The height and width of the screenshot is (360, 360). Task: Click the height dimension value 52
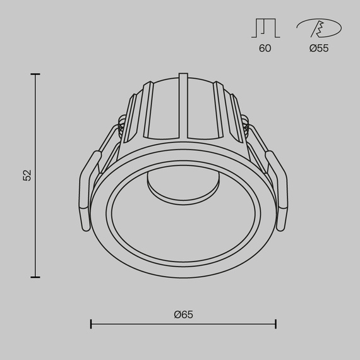click(27, 176)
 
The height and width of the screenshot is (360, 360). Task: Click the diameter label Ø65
click(184, 314)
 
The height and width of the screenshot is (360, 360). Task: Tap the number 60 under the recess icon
click(265, 48)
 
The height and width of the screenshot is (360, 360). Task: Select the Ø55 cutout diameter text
click(319, 48)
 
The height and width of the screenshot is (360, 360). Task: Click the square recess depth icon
click(265, 28)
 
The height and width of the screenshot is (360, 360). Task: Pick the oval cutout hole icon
click(319, 28)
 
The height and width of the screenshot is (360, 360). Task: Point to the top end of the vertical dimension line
click(35, 75)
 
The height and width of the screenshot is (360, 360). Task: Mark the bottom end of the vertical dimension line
click(35, 277)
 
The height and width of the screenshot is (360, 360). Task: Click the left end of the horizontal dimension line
click(92, 325)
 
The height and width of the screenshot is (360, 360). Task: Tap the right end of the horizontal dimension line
click(275, 325)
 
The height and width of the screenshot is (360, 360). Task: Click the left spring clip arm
click(87, 189)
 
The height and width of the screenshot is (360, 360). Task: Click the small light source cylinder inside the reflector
click(183, 183)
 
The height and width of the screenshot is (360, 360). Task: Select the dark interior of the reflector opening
click(183, 221)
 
